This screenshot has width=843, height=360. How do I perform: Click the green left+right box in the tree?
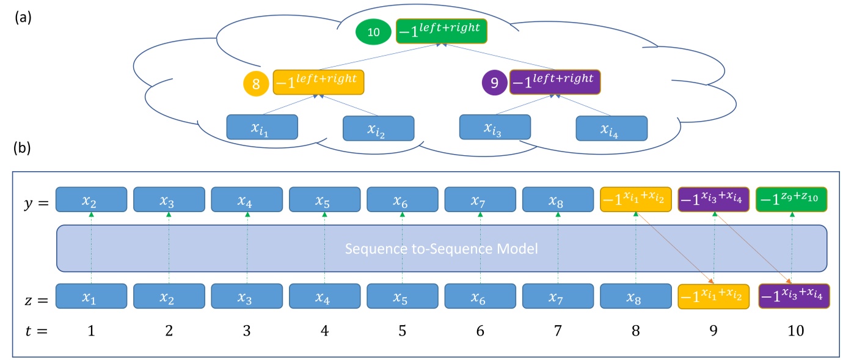pos(442,32)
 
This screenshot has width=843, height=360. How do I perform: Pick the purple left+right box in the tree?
pos(555,82)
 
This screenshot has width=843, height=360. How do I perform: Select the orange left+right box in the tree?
pos(318,83)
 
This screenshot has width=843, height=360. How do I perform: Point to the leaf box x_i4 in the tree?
pos(611,128)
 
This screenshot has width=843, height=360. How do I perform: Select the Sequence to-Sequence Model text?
pos(441,249)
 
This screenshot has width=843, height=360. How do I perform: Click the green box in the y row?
pos(792,199)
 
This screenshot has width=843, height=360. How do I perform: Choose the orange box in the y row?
pos(636,199)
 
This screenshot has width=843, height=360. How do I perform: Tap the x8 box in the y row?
pos(558,199)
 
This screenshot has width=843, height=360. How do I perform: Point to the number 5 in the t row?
pos(402,331)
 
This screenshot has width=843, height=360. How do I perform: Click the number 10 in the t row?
pos(792,331)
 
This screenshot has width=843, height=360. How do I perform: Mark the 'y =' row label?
pos(31,200)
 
